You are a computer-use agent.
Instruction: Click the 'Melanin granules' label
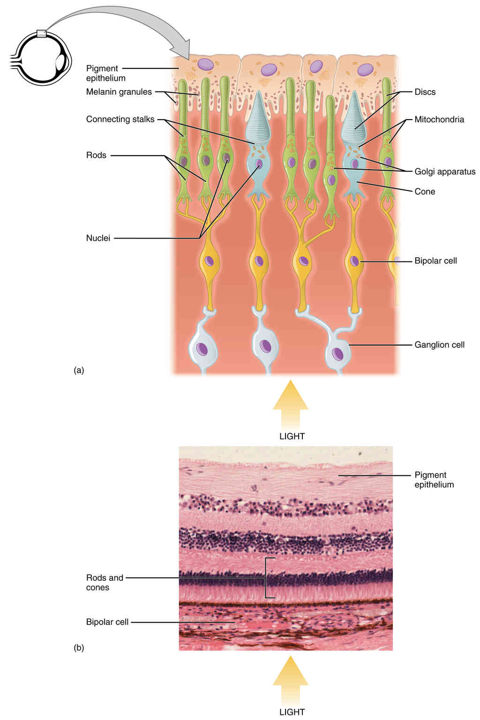pyautogui.click(x=119, y=92)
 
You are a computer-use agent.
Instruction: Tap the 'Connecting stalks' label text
pyautogui.click(x=120, y=119)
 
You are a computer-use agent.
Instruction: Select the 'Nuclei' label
pyautogui.click(x=98, y=238)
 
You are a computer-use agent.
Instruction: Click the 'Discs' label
pyautogui.click(x=425, y=92)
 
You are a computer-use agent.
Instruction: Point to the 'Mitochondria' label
pyautogui.click(x=439, y=120)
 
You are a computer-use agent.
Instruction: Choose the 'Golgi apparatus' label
pyautogui.click(x=444, y=172)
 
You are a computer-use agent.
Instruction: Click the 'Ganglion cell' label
pyautogui.click(x=439, y=345)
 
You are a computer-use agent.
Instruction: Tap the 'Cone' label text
pyautogui.click(x=425, y=191)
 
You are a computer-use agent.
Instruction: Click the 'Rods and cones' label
pyautogui.click(x=104, y=583)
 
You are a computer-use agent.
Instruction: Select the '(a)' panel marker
pyautogui.click(x=79, y=370)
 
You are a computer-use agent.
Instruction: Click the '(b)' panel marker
pyautogui.click(x=79, y=648)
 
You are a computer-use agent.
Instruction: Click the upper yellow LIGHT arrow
pyautogui.click(x=291, y=401)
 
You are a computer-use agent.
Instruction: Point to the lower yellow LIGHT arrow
pyautogui.click(x=291, y=678)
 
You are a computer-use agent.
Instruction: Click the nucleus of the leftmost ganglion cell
pyautogui.click(x=202, y=349)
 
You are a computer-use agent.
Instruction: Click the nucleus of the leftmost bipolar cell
pyautogui.click(x=209, y=261)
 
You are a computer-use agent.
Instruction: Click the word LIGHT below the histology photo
pyautogui.click(x=292, y=712)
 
